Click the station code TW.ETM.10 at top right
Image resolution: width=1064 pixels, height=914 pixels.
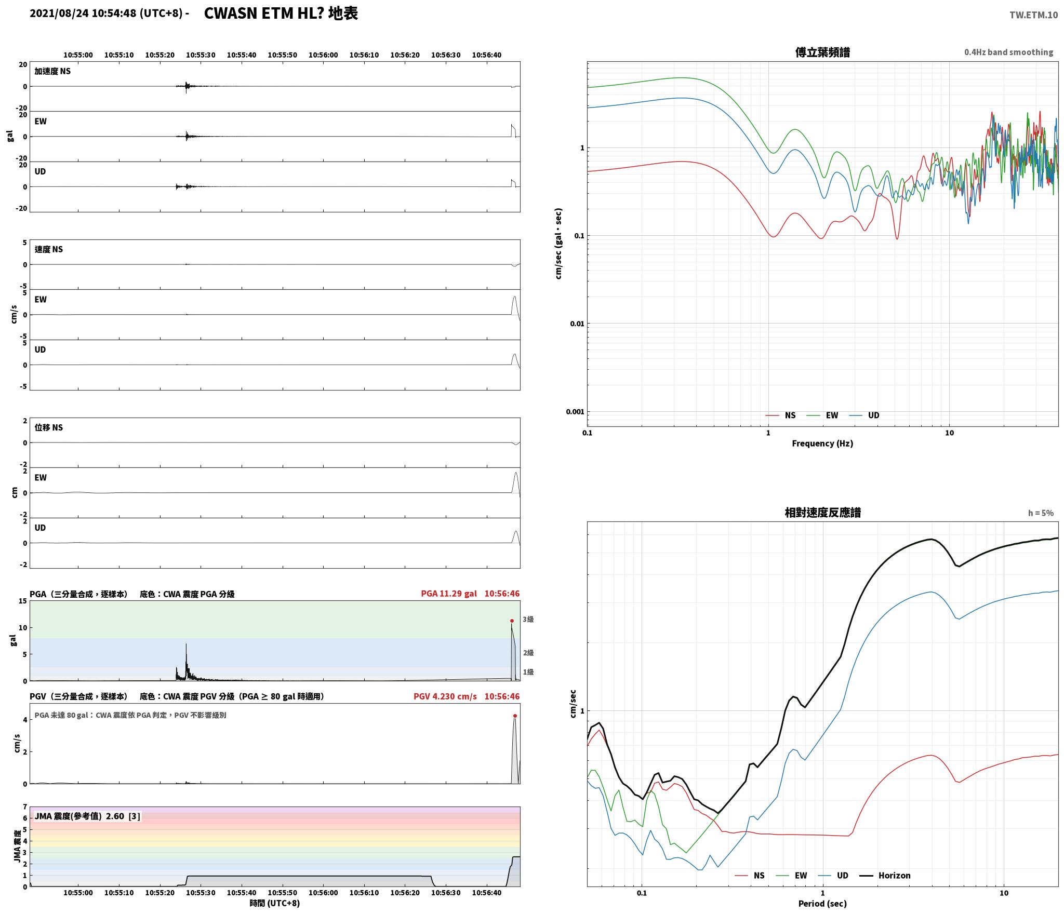[1033, 15]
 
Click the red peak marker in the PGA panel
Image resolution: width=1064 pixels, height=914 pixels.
[512, 621]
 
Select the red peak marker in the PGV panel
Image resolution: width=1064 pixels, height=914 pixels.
[515, 716]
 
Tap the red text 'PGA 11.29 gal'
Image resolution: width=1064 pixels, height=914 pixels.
[449, 594]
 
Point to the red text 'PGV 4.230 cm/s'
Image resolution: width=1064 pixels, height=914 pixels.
[445, 696]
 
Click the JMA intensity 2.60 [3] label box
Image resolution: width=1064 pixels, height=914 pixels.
[87, 816]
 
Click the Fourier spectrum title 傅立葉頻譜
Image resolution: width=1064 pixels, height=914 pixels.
[822, 52]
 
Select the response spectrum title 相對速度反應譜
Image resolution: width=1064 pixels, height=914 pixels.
[822, 513]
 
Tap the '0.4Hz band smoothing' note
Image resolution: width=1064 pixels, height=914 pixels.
[1008, 52]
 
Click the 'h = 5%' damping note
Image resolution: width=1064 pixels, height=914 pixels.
[1041, 513]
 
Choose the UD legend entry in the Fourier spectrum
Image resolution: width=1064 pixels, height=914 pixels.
[864, 415]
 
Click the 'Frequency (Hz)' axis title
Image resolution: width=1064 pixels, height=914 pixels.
[822, 443]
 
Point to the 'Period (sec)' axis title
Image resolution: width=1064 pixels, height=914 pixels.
[822, 904]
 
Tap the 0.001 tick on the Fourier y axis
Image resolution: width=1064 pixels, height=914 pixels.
[575, 412]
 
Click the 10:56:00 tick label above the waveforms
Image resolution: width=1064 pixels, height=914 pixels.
[323, 55]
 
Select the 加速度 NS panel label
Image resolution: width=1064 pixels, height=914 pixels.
[52, 71]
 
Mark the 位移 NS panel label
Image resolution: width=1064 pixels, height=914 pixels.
[49, 427]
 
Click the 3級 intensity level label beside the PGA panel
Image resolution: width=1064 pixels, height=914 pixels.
[528, 619]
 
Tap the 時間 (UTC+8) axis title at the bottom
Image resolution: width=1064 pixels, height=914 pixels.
[275, 903]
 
